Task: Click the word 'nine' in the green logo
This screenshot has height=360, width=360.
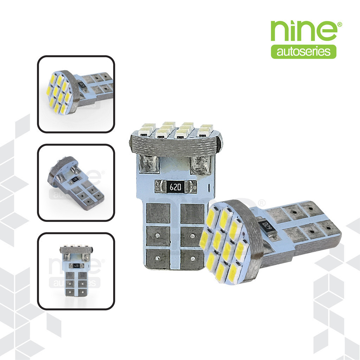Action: point(304,31)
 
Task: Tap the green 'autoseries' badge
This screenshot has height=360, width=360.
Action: point(303,52)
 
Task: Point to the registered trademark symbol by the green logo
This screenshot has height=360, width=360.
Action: point(340,24)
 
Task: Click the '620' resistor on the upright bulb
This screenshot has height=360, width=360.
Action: point(175,187)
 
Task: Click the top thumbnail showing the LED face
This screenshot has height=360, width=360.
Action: point(76,94)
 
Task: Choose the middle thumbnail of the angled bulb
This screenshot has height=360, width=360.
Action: point(76,182)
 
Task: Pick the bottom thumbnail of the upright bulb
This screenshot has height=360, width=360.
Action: point(76,271)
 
